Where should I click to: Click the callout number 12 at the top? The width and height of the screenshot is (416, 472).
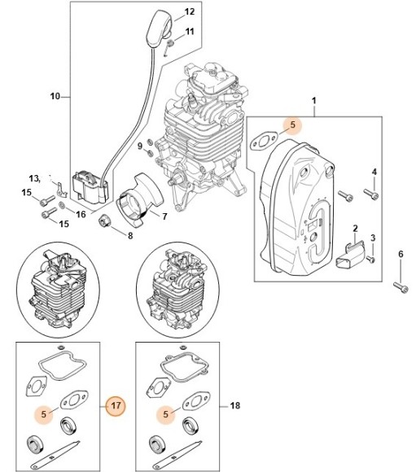[x=189, y=11]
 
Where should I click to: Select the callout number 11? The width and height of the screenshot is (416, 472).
[x=189, y=32]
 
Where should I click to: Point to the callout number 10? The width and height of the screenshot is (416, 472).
[x=55, y=97]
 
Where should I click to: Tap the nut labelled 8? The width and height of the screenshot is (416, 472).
[x=107, y=222]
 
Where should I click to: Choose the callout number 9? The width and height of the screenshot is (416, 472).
[x=139, y=146]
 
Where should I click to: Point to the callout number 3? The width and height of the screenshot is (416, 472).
[x=374, y=237]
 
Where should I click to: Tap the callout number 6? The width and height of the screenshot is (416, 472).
[x=400, y=256]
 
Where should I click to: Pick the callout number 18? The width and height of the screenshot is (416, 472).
[x=235, y=404]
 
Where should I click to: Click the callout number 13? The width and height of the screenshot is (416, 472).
[x=34, y=177]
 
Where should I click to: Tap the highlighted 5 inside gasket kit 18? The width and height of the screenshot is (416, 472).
[x=167, y=413]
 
